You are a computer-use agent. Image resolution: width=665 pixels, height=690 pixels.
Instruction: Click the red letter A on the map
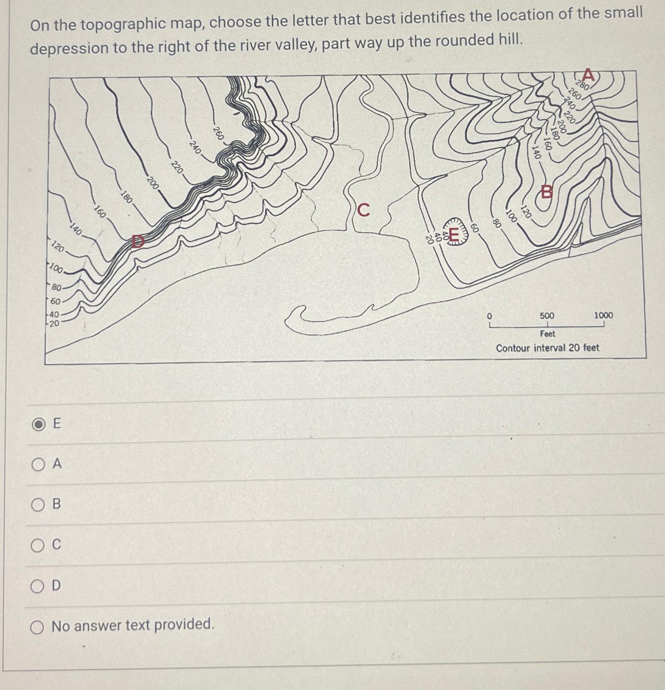coord(588,75)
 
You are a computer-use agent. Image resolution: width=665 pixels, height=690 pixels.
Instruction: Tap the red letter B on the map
coord(547,192)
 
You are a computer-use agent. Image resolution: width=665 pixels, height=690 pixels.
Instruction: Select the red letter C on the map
coord(364,210)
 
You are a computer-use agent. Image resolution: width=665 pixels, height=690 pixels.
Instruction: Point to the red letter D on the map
coord(138,241)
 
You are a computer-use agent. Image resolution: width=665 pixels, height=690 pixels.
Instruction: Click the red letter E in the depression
coord(454,234)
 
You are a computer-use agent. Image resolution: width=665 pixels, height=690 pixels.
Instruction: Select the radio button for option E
coord(38,424)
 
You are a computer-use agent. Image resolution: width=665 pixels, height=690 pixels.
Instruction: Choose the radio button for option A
coord(38,464)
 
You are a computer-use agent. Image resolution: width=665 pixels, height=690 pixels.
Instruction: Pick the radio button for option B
coord(38,504)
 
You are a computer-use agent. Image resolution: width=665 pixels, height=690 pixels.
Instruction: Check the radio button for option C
coord(38,545)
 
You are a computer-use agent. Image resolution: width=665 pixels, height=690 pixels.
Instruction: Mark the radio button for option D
coord(38,586)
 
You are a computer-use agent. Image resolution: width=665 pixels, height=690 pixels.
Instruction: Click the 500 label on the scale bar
coord(547,316)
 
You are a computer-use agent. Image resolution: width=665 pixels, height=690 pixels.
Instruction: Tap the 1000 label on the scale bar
coord(604,315)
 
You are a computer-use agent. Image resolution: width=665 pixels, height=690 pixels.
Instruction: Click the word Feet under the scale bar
coord(548,334)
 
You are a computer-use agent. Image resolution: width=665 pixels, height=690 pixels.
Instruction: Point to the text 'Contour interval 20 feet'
coord(548,348)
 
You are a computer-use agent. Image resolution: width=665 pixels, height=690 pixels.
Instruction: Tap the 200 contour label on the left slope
coord(153,183)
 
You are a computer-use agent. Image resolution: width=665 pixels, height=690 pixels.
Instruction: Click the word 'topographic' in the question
coord(140,24)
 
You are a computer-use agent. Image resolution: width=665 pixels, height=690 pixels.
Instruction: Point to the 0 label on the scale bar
coord(489,316)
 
